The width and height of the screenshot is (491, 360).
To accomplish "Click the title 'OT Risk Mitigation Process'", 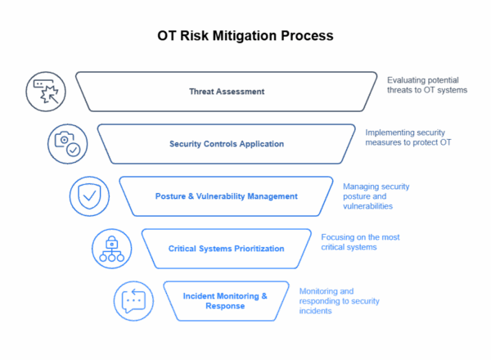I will [x=245, y=37].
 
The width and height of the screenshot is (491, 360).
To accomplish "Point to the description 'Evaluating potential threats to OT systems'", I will [x=426, y=85].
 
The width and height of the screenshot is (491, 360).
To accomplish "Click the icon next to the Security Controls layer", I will [x=63, y=141].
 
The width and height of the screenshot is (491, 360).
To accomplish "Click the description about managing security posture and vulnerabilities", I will [x=376, y=196].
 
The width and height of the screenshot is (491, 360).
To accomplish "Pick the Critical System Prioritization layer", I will [x=227, y=248].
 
